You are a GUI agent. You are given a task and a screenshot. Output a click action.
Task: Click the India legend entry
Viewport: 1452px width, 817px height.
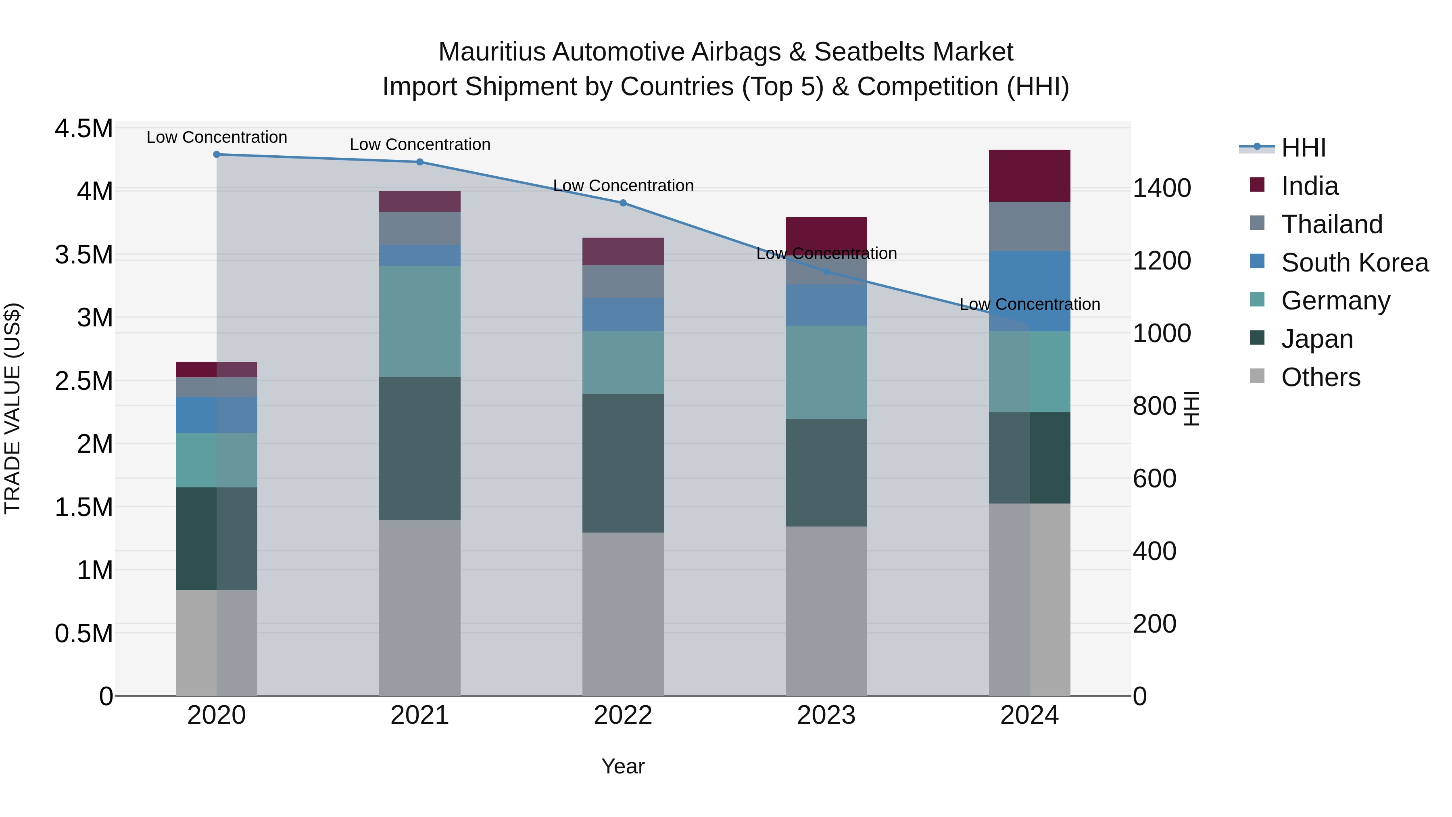[1309, 186]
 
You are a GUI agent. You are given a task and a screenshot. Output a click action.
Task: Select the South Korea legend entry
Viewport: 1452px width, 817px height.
[1354, 263]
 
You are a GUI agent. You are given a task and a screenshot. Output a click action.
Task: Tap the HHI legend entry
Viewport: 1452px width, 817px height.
[1303, 148]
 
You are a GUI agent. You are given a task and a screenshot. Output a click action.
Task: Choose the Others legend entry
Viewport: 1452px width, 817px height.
[1320, 377]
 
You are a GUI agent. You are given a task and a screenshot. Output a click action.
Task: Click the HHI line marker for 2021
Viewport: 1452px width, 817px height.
[420, 162]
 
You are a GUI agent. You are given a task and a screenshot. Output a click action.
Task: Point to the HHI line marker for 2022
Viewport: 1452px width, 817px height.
[623, 203]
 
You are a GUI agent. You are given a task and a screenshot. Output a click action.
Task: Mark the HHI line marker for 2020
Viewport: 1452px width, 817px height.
[217, 155]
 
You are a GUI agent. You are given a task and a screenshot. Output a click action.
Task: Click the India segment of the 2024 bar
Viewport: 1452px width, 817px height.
[1029, 176]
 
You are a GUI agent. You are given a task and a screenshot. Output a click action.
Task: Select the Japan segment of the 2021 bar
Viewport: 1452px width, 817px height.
[420, 448]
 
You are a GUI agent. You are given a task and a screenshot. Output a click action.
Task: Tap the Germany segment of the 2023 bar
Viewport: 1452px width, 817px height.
[826, 372]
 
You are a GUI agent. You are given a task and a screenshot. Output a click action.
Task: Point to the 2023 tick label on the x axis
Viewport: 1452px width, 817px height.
[826, 715]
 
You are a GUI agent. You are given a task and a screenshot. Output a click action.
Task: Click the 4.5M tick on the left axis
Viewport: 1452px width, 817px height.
[83, 129]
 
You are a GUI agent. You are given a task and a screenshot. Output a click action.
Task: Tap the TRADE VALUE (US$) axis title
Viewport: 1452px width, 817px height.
[13, 408]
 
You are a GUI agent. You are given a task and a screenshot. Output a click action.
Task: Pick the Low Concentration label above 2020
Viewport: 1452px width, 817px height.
[217, 138]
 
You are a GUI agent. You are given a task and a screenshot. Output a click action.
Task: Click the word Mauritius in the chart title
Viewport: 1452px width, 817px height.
[492, 52]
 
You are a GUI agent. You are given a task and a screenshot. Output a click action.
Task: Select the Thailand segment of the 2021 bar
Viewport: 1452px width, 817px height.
[420, 228]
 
